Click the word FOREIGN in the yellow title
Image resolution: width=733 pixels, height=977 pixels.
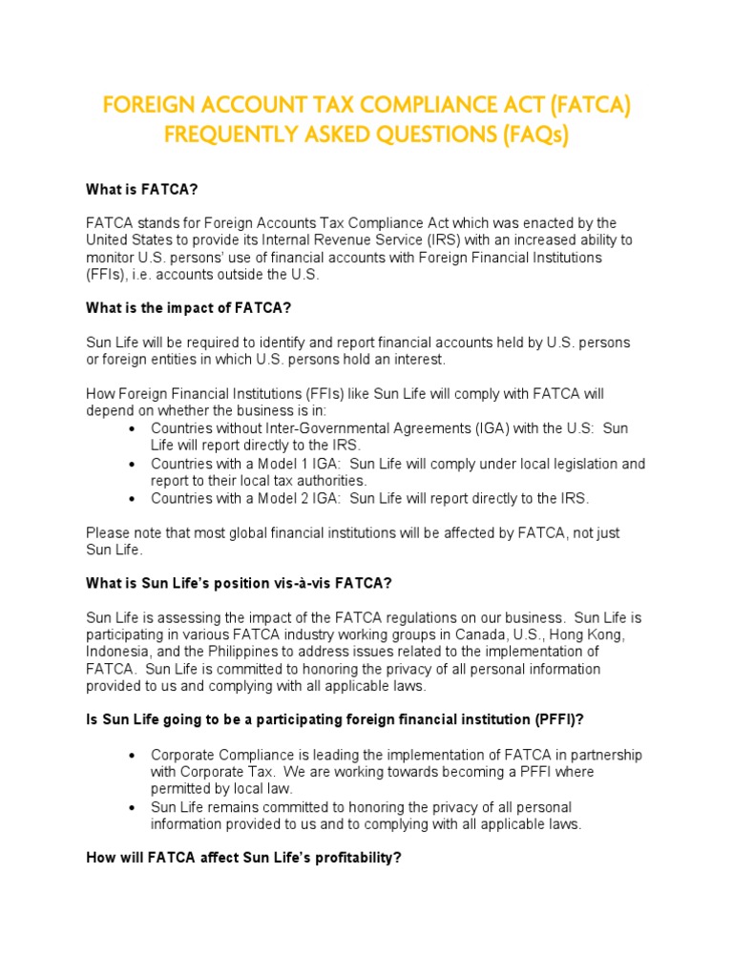[151, 105]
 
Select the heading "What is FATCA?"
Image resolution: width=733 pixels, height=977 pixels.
[141, 190]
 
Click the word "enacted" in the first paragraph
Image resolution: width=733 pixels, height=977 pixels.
[536, 223]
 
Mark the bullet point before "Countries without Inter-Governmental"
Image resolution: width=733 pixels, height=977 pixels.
[130, 428]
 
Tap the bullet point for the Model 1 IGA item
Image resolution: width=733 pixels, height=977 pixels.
[130, 464]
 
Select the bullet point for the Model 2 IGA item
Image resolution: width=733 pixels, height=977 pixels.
[130, 498]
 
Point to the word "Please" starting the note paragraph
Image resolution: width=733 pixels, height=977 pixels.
[108, 532]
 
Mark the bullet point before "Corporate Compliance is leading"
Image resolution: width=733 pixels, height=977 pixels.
[130, 755]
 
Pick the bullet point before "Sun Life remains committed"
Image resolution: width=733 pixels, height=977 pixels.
[130, 807]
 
